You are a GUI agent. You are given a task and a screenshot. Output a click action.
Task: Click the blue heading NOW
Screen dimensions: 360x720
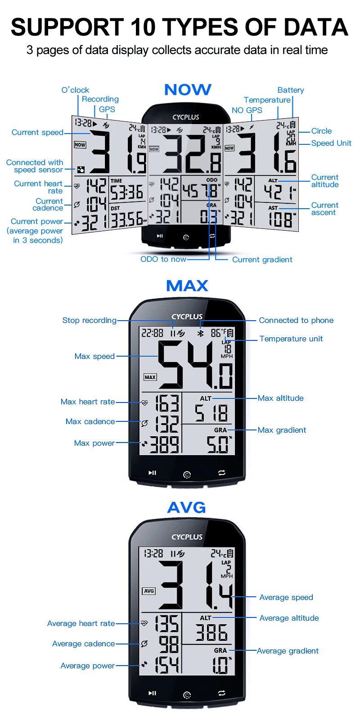coord(188,90)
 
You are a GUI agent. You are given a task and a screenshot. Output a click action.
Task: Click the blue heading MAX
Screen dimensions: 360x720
coord(187,286)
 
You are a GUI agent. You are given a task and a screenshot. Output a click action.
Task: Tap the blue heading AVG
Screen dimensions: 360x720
coord(186,508)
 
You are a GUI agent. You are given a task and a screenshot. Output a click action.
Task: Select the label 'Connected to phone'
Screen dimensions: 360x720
coord(296,320)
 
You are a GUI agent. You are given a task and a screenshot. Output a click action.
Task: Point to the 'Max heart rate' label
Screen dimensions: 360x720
coord(88,402)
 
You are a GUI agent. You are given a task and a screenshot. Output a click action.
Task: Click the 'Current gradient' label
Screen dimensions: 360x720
coord(262,259)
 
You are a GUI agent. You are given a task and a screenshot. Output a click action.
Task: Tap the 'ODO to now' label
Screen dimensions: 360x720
coord(163,259)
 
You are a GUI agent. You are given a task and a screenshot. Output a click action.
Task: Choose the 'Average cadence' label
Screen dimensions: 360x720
coord(83,644)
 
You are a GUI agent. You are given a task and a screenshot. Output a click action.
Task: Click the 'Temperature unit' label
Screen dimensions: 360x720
coord(291,339)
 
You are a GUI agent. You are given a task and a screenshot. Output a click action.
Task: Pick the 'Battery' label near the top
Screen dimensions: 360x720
coord(291,90)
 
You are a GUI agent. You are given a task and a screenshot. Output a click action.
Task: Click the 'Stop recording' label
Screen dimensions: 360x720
coord(89,320)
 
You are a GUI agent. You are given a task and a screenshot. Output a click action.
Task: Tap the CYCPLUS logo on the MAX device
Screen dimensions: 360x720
coord(187,317)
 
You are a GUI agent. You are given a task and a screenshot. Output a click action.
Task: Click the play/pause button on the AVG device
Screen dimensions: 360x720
coord(153,693)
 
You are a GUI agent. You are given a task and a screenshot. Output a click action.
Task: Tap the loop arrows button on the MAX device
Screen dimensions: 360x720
coord(222,473)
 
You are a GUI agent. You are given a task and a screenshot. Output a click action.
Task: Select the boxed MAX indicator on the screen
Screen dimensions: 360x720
coord(150,377)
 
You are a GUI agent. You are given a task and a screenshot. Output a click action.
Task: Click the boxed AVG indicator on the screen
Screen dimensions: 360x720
coord(149,591)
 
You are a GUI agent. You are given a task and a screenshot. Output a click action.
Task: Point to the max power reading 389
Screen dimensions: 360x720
coord(164,445)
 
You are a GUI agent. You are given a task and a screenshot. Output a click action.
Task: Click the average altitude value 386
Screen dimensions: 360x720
coord(211,633)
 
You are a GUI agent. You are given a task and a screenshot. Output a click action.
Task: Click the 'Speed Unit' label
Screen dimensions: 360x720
coord(331,143)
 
